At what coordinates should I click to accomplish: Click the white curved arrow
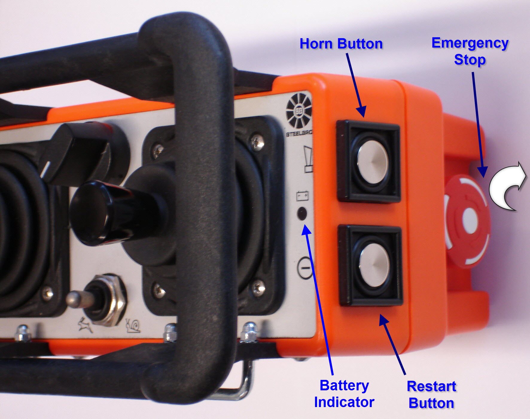[507, 188]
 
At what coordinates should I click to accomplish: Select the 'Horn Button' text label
[341, 44]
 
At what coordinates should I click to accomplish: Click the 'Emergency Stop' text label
[470, 51]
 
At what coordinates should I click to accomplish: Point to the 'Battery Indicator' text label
[344, 394]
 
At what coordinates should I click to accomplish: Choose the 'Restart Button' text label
[431, 395]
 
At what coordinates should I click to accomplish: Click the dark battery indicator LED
[302, 214]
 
